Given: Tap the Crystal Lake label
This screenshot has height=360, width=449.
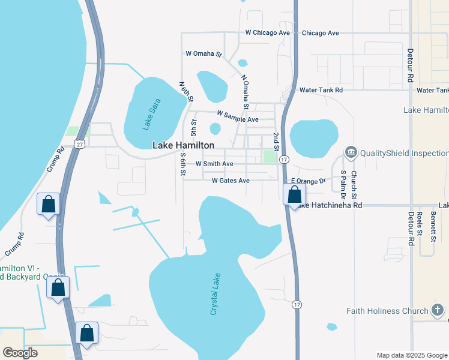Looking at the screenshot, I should click(217, 295).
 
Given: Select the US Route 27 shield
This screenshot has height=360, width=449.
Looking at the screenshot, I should click(80, 144).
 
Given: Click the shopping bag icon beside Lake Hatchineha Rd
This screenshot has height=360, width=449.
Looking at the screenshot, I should click(295, 195).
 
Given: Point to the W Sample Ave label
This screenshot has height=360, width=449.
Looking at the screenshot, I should click(237, 116).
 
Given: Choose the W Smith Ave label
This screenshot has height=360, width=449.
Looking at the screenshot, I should click(214, 164).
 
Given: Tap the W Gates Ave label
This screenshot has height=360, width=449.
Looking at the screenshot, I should click(231, 181).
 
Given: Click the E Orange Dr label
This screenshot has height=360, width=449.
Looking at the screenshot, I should click(307, 181).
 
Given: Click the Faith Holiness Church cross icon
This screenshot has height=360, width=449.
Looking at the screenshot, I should click(439, 310).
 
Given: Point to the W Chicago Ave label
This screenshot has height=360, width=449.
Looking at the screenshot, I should click(267, 33).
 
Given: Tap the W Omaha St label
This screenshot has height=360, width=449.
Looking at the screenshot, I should click(203, 54).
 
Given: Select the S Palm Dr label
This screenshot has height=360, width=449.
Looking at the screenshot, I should click(343, 184).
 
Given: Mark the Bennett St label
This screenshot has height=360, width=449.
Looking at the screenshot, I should click(433, 226).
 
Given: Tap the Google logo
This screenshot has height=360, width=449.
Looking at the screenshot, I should click(20, 353).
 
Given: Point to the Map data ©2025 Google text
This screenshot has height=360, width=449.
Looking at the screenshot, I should click(411, 355).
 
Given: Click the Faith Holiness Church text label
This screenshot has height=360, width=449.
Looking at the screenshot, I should click(388, 311).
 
